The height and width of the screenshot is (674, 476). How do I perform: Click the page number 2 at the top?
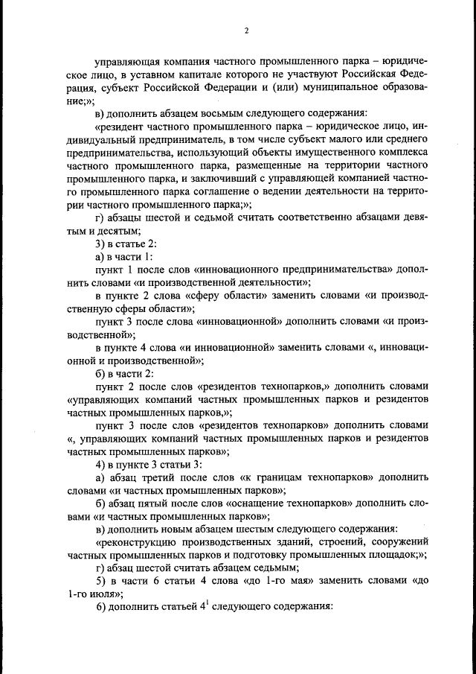[245, 31]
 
